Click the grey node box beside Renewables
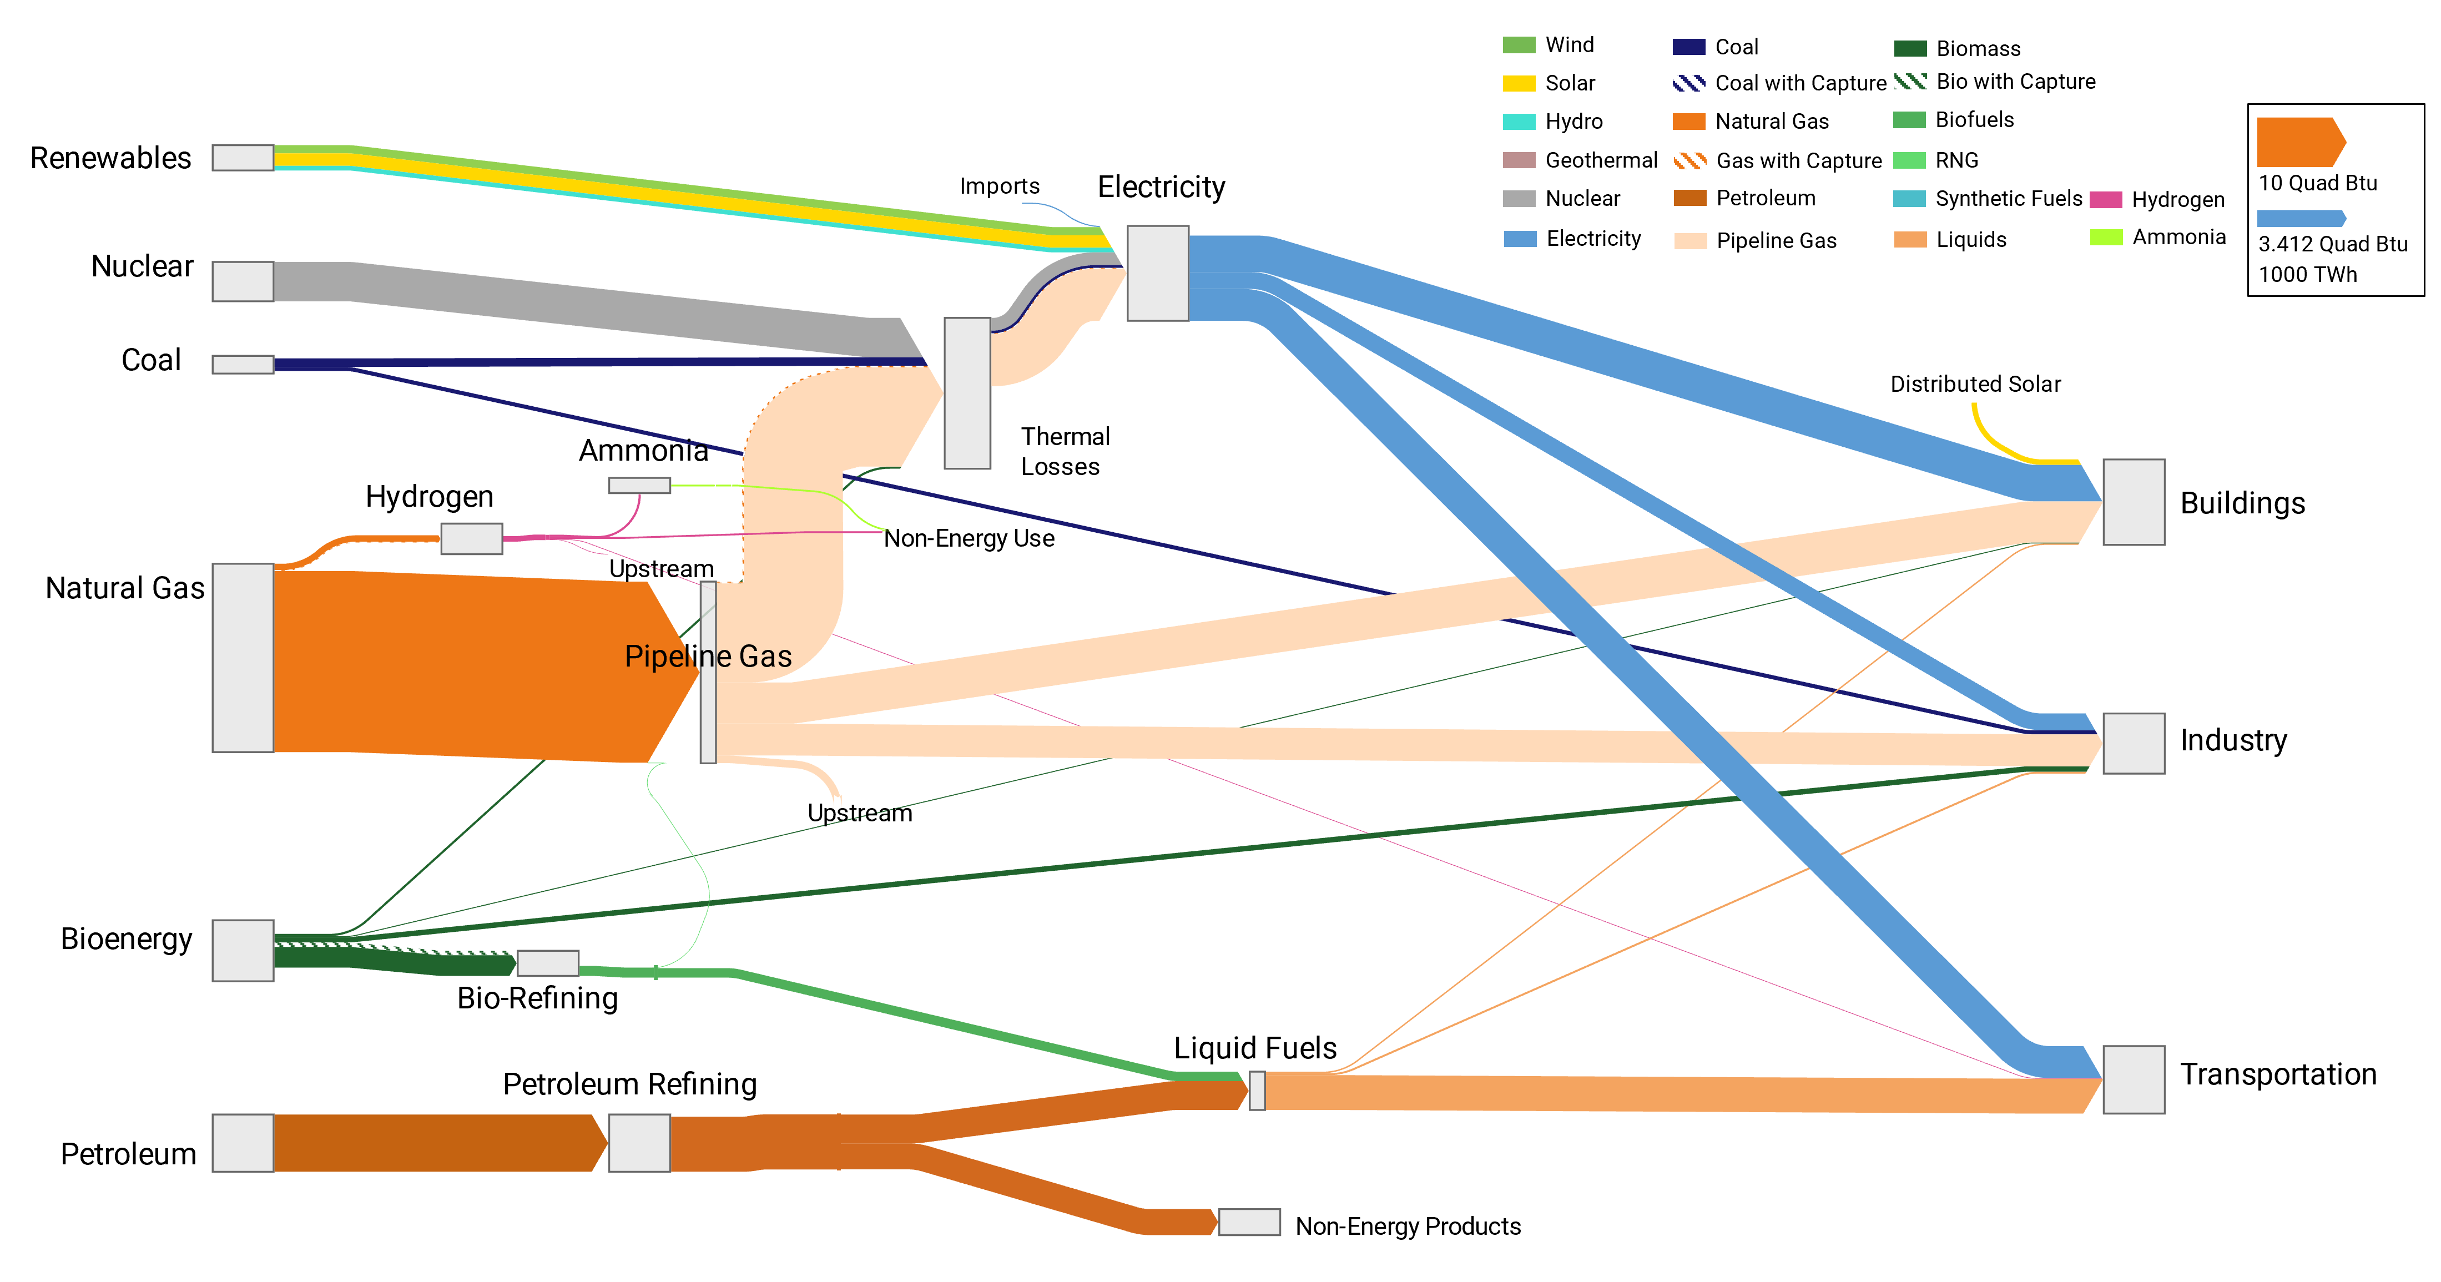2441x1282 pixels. (x=243, y=157)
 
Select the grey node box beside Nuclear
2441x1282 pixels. (x=243, y=281)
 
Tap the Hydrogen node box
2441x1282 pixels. (x=471, y=538)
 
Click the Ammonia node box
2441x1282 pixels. (x=639, y=485)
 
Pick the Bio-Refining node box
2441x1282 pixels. (x=548, y=963)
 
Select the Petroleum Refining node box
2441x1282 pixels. (x=639, y=1143)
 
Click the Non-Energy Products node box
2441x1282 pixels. (x=1249, y=1222)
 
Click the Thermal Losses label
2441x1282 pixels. (x=1063, y=451)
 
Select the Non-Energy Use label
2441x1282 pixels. (x=969, y=538)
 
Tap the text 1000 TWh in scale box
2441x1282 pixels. (x=2307, y=275)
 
